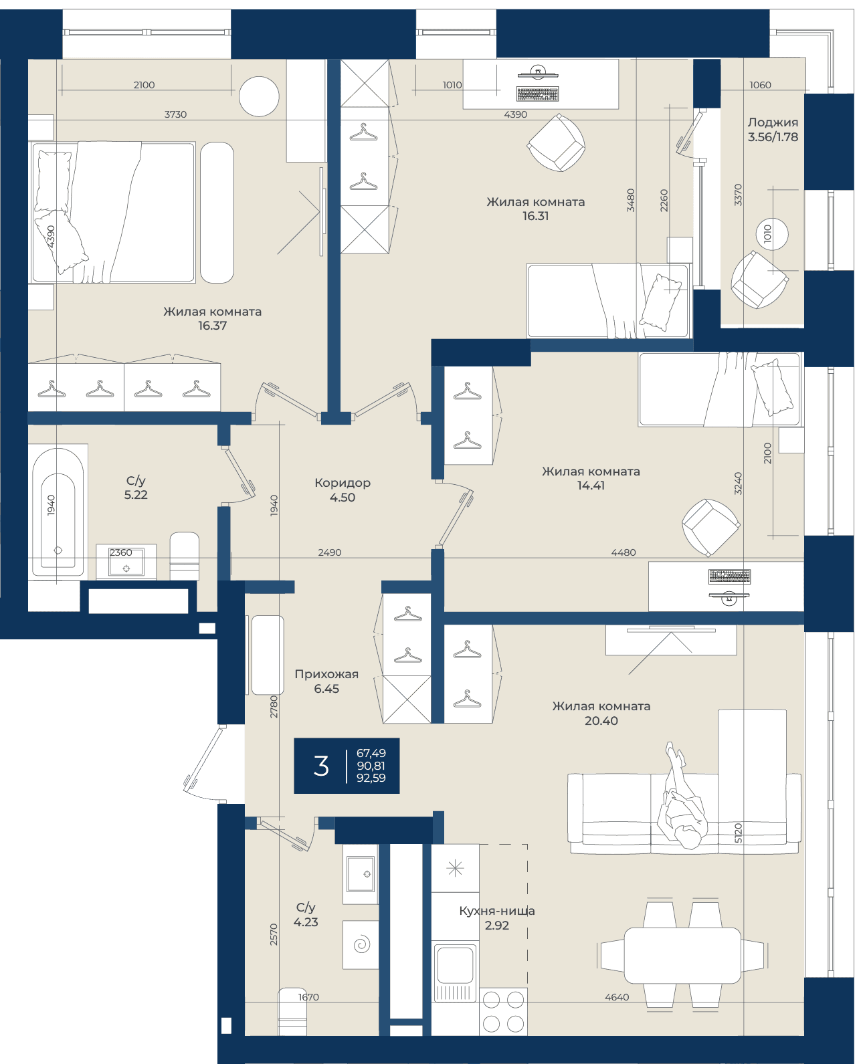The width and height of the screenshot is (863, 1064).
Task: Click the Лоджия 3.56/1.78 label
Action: [x=772, y=129]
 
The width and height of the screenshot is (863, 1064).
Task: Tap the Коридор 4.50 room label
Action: [x=343, y=490]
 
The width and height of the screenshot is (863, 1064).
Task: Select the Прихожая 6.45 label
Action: [x=326, y=681]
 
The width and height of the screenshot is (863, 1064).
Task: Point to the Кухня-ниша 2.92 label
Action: [x=496, y=918]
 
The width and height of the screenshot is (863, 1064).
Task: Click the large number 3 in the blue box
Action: [x=321, y=766]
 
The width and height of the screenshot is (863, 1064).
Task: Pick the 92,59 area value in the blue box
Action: [x=371, y=778]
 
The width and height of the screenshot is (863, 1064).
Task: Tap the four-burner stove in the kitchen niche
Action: [x=503, y=1012]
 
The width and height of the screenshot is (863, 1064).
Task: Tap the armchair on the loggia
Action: [x=759, y=280]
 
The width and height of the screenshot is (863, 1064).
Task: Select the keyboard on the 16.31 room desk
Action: [x=538, y=94]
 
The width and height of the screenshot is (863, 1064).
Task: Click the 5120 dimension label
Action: [x=738, y=833]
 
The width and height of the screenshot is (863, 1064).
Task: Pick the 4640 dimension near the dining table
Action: [x=617, y=997]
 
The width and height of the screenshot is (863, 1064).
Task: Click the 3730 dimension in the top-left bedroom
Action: [x=175, y=114]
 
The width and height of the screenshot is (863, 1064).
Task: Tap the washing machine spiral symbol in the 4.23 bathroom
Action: [x=362, y=944]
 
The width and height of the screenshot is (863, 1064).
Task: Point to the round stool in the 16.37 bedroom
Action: [x=259, y=96]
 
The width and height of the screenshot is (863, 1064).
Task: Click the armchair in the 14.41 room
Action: [x=710, y=528]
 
